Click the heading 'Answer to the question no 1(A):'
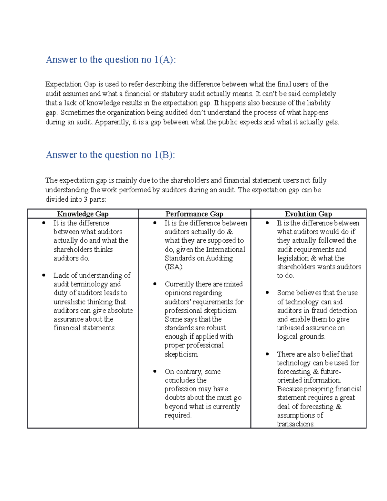[111, 60]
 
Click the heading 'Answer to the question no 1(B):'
[110, 155]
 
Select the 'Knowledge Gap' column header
[83, 214]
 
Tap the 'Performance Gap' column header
[194, 214]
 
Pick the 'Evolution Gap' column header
[308, 214]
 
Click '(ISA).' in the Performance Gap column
[174, 267]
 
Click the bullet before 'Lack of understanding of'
[44, 275]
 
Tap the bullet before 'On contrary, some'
[155, 371]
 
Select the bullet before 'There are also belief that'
[267, 354]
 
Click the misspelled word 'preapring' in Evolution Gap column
[319, 389]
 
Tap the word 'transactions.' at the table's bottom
[296, 424]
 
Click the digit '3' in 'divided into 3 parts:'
[85, 200]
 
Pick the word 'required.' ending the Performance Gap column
[178, 416]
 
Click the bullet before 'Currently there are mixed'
[155, 284]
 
